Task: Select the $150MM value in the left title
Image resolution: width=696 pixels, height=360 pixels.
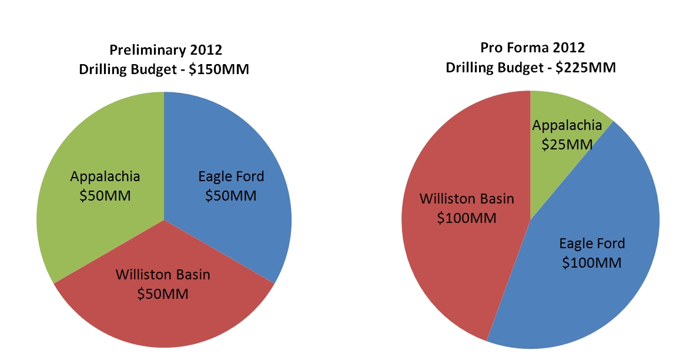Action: click(x=219, y=69)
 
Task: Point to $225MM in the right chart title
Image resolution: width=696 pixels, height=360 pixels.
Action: click(x=585, y=68)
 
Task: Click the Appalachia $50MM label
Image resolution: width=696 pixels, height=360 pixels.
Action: click(x=105, y=186)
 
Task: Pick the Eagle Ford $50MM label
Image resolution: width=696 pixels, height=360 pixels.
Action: click(x=231, y=186)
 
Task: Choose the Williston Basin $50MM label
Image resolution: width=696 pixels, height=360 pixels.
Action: click(x=163, y=284)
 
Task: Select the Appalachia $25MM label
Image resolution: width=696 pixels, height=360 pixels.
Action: click(x=567, y=135)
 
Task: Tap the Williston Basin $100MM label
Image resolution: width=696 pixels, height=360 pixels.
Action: click(x=467, y=208)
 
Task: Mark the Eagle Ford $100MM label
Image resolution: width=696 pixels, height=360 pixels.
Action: click(x=592, y=253)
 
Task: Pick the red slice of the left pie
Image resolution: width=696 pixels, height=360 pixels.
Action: click(x=164, y=311)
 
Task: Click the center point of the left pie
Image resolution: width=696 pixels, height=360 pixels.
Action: click(x=164, y=220)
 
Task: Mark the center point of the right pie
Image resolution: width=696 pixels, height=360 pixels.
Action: click(x=530, y=219)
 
